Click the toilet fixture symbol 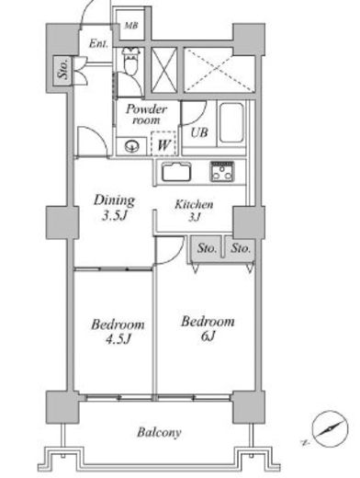click(131, 61)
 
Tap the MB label click(131, 26)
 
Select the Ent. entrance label click(98, 44)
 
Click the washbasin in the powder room click(132, 146)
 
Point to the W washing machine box click(163, 143)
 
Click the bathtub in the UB click(232, 123)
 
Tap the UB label click(199, 132)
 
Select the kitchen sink click(176, 172)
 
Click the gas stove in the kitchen click(222, 172)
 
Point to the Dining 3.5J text click(114, 208)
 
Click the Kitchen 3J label click(194, 211)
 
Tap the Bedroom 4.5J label click(118, 332)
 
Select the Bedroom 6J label click(208, 329)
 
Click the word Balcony click(159, 433)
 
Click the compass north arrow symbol click(330, 428)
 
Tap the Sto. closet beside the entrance click(62, 71)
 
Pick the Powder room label click(146, 114)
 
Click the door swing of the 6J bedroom click(170, 250)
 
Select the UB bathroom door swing click(194, 113)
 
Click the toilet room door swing click(129, 85)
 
